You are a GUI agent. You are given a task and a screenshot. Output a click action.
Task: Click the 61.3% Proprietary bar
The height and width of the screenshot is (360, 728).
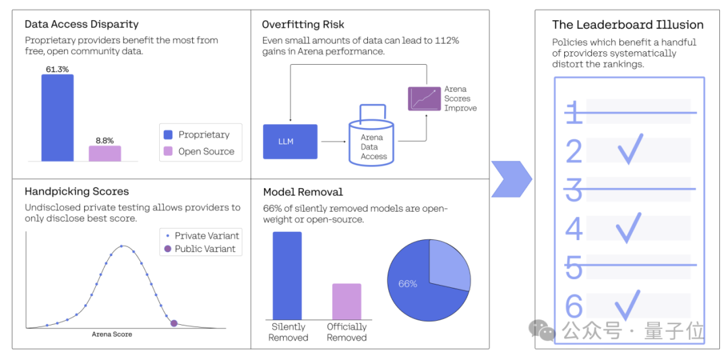57,118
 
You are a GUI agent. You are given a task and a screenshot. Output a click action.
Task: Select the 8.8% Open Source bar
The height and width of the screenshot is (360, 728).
104,154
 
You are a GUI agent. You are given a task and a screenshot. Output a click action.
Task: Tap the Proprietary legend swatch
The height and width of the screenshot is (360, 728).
168,135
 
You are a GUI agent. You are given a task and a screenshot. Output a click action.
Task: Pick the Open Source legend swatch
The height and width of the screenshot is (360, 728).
168,152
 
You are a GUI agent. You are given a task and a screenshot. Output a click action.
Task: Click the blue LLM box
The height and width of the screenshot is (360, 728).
290,142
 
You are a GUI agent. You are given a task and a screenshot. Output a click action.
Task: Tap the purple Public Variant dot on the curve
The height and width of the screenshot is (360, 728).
174,323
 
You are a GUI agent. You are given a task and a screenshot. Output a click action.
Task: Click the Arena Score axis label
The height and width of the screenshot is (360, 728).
112,334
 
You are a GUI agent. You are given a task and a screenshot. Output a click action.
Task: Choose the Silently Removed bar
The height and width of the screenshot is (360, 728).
287,275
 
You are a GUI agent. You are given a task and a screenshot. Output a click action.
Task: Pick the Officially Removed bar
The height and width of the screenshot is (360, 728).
346,301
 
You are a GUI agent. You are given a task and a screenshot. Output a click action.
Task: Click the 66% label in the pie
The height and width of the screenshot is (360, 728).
408,284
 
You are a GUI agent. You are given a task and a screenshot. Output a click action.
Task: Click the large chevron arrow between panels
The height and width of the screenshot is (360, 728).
511,179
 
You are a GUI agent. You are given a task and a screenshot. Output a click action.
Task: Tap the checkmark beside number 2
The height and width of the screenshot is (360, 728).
630,149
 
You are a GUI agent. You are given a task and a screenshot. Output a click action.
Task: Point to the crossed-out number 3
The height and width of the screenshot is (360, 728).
574,190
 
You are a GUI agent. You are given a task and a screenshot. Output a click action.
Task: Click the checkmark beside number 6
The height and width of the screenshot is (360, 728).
628,305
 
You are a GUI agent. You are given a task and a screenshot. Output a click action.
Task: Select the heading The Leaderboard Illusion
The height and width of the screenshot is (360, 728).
628,25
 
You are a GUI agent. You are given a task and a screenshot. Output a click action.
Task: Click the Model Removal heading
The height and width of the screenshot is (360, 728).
303,192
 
